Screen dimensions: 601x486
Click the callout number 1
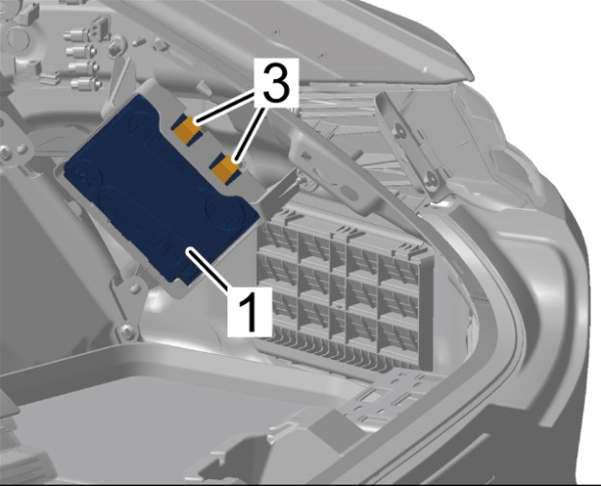pos(248,311)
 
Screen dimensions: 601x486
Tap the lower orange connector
pos(226,168)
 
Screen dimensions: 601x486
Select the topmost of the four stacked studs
pos(75,36)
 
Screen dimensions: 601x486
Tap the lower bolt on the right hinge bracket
pos(431,178)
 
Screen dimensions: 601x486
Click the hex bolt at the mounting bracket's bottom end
pos(125,331)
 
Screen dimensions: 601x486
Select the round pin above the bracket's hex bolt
pos(134,287)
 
